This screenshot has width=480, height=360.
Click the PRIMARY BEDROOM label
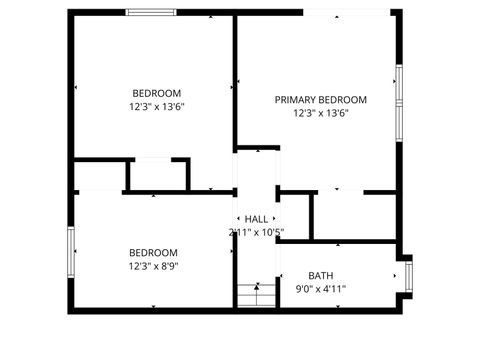321,100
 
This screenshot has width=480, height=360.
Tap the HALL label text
257,219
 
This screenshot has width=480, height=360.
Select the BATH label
320,276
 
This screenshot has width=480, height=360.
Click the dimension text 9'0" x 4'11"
320,289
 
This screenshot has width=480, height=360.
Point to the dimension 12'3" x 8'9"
153,266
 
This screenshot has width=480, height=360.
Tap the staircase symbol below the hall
256,294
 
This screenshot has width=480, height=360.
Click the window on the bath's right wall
407,274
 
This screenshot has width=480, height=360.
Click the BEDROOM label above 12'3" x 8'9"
153,253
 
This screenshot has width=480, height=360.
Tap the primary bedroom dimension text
321,113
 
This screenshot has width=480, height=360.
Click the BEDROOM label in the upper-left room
156,93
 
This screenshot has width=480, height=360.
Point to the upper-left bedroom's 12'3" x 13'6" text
156,106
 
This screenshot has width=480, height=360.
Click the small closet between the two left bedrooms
157,175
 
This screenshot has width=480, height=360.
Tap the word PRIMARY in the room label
296,100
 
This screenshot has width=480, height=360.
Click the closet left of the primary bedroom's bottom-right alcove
294,215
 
